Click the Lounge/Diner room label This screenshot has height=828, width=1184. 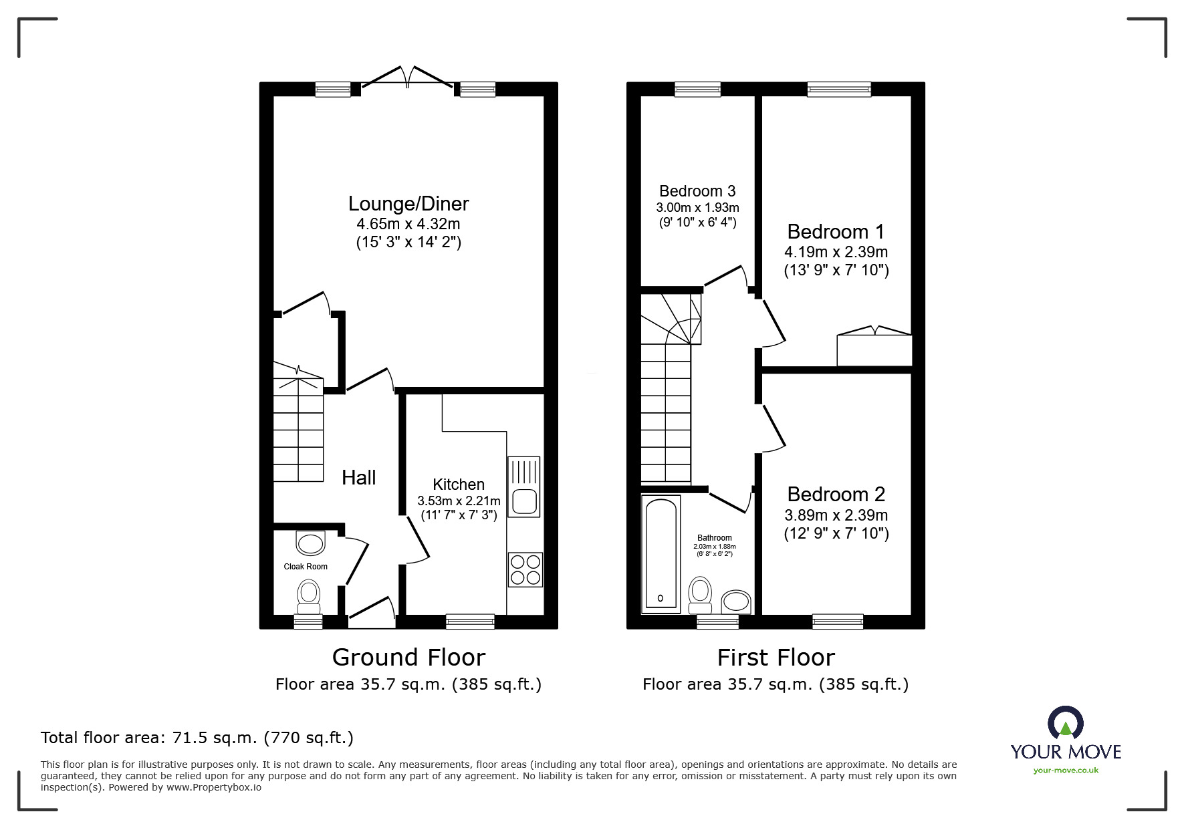point(408,204)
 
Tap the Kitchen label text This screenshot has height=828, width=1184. point(459,485)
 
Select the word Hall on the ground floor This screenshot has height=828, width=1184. point(359,477)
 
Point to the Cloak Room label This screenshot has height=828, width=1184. point(306,567)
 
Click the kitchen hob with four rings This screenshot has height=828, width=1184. point(525,569)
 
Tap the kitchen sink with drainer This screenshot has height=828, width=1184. point(524,487)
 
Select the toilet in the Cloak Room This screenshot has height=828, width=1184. point(308,596)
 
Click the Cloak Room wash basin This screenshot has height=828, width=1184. point(310,543)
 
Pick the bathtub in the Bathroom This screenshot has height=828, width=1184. point(661,554)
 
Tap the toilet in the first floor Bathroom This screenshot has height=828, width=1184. point(700,595)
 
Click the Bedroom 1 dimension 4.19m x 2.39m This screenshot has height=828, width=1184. point(836,252)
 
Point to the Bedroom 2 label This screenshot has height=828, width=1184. point(836,494)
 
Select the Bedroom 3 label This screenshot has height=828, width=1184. point(697,191)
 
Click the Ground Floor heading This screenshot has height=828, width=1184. point(408,658)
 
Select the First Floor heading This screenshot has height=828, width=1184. point(776,658)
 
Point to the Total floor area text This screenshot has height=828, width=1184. point(197,738)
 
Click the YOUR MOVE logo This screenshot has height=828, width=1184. point(1066,740)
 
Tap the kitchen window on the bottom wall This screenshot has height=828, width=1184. point(471,622)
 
